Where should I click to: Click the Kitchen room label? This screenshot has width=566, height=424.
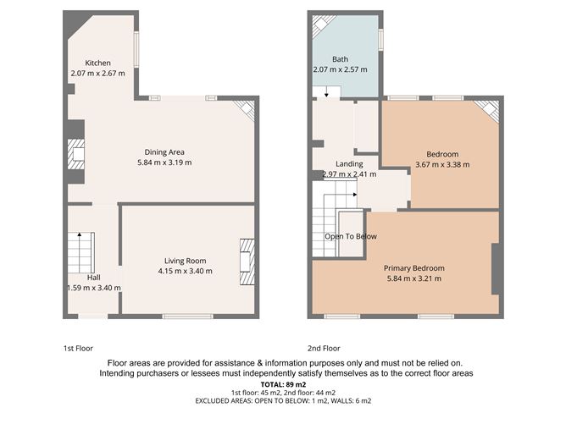click(97, 63)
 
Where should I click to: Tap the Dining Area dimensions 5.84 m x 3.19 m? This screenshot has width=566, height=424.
click(161, 162)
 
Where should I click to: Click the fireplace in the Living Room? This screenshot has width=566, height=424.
click(247, 262)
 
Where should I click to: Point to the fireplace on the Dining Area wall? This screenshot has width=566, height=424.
click(76, 155)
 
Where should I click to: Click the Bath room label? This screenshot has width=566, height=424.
click(340, 58)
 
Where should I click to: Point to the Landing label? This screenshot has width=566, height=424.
click(349, 163)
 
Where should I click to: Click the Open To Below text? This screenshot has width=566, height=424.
click(351, 236)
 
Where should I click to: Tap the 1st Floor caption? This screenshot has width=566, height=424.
click(78, 348)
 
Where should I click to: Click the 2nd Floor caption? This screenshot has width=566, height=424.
click(324, 348)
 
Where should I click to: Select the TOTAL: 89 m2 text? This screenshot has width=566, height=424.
click(283, 385)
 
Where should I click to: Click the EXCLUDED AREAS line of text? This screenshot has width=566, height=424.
click(283, 400)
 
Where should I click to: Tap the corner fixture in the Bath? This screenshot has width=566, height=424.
click(322, 26)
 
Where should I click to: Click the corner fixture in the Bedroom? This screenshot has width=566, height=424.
click(487, 111)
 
